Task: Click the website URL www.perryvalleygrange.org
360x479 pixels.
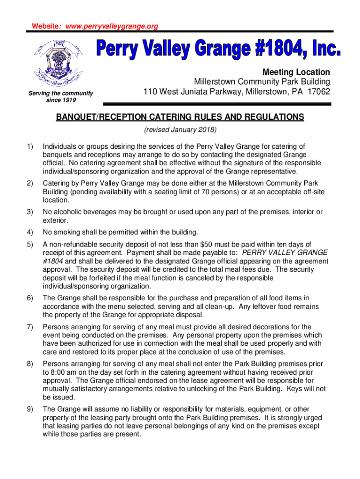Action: [x=112, y=26]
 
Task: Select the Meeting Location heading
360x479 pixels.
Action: [x=296, y=72]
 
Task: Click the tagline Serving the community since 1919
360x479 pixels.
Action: [x=60, y=96]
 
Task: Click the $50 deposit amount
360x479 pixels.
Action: [x=207, y=244]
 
